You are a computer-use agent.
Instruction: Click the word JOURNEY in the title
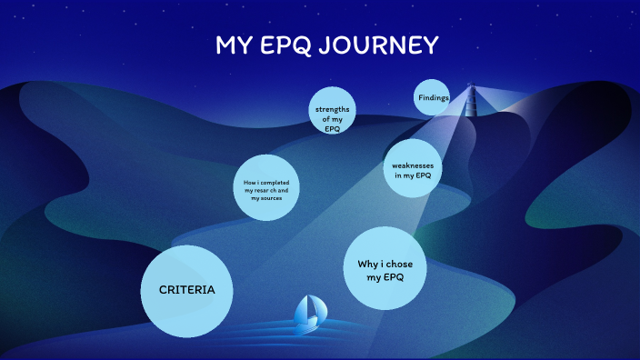tap(385, 45)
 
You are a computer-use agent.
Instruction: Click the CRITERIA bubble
tap(187, 289)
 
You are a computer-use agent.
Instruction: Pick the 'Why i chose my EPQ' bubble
tap(386, 269)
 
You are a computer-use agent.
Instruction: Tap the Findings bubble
tap(433, 97)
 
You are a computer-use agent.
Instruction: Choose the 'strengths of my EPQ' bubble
tap(331, 115)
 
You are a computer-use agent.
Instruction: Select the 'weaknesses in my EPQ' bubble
tap(412, 169)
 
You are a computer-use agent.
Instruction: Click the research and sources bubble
tap(267, 188)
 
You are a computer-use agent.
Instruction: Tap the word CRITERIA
tap(187, 289)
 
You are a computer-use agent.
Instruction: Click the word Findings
tap(433, 97)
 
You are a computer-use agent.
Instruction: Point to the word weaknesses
tap(412, 165)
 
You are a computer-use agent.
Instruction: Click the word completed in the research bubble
tap(275, 183)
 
